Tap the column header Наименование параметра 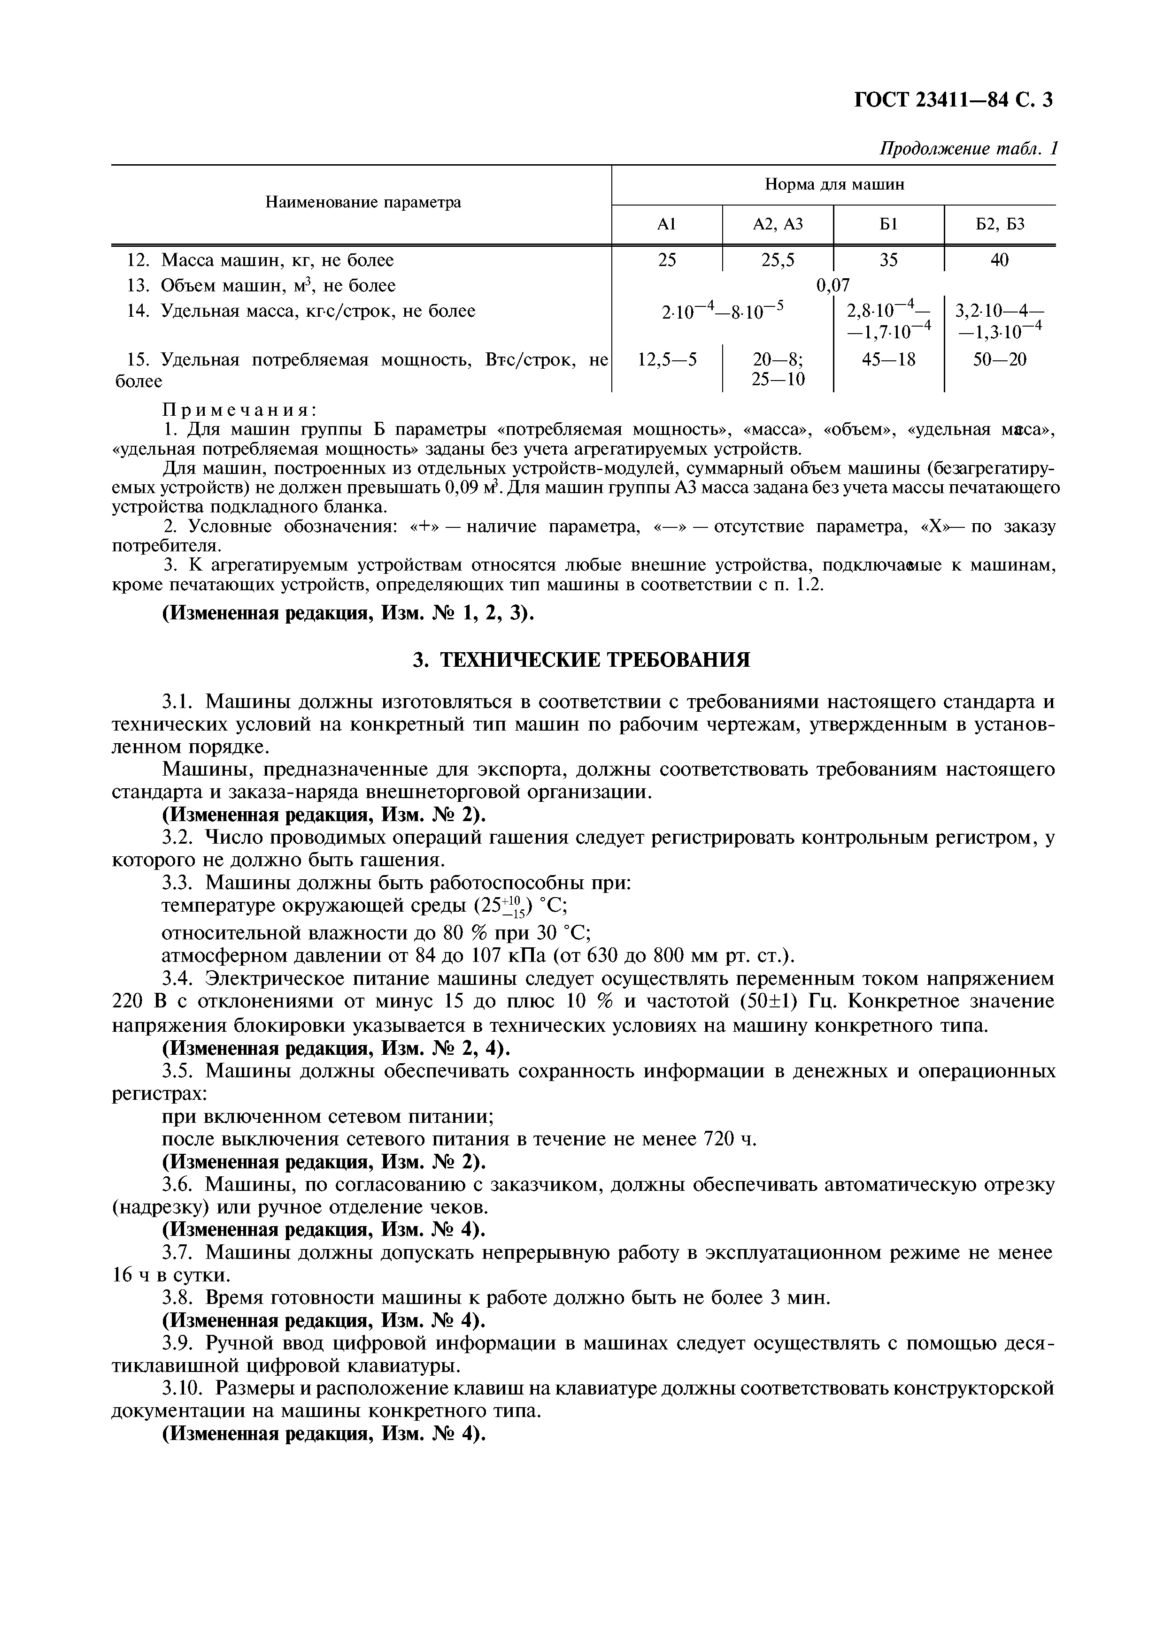pos(363,203)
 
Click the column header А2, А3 pos(778,224)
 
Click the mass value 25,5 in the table pos(778,260)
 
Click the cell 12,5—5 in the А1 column pos(667,359)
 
